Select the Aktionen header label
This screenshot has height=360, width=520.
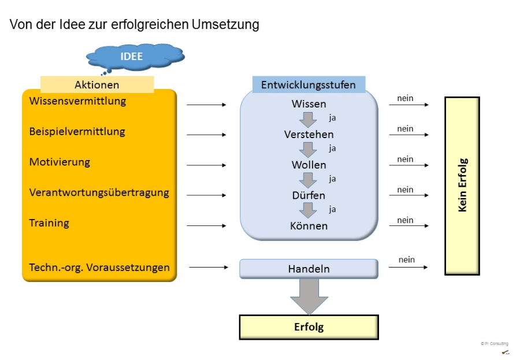[x=97, y=84]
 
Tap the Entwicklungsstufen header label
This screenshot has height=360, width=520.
[x=309, y=84]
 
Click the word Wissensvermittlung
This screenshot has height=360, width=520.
[x=77, y=101]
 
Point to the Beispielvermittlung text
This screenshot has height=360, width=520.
[x=77, y=132]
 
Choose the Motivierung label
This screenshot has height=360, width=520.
[x=60, y=162]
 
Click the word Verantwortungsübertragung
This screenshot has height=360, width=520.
[x=99, y=192]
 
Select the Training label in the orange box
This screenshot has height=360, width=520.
[x=49, y=223]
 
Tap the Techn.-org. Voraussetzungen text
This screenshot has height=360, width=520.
[x=99, y=268]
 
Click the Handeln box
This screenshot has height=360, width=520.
[x=309, y=269]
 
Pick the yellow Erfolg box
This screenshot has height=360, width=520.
[x=309, y=327]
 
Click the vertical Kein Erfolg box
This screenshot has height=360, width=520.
[x=462, y=185]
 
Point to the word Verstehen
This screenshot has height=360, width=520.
[x=309, y=135]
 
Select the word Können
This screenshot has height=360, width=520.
[x=309, y=226]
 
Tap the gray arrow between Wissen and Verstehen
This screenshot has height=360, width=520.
[x=308, y=120]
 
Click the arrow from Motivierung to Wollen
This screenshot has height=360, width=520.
[x=206, y=165]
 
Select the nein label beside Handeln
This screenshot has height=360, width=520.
[x=407, y=260]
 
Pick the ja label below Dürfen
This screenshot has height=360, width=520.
[x=333, y=209]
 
